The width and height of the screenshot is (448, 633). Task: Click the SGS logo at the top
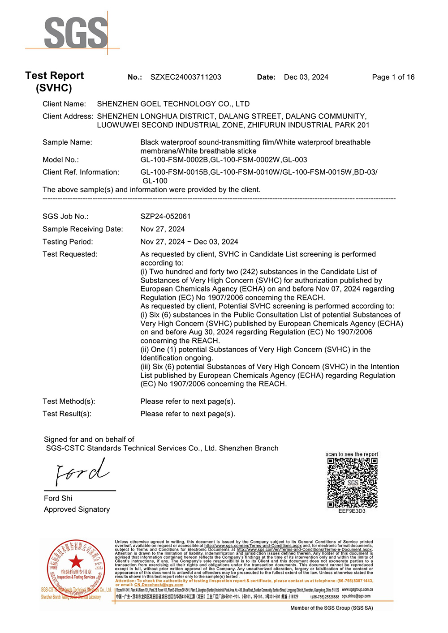coord(76,33)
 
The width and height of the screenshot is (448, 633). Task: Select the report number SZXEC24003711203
coord(185,77)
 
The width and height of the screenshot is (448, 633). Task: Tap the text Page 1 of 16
coord(393,77)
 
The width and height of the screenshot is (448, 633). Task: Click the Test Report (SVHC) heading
coord(54,81)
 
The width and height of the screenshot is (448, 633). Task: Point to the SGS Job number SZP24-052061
coord(165,216)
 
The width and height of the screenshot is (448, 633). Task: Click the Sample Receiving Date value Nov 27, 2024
coord(163,229)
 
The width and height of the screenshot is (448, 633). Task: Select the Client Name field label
coord(64,104)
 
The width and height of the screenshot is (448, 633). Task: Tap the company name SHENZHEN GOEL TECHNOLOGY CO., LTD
coord(173,104)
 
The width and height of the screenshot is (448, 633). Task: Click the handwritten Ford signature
coord(82,472)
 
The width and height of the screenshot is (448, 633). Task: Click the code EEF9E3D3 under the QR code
coord(352,511)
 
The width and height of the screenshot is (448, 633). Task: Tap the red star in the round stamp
coord(76,561)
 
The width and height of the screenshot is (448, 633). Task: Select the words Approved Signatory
coord(77,509)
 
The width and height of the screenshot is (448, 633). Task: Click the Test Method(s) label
coord(69,401)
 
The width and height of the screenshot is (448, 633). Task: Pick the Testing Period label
coord(68,242)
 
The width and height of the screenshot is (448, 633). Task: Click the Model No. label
coord(60,160)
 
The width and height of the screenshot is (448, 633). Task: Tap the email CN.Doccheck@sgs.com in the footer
coord(159,585)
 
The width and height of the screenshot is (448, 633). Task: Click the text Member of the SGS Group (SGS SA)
coord(332,608)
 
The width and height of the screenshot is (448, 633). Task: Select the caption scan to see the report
coord(352,454)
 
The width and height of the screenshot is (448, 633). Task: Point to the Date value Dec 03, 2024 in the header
coord(306,77)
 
